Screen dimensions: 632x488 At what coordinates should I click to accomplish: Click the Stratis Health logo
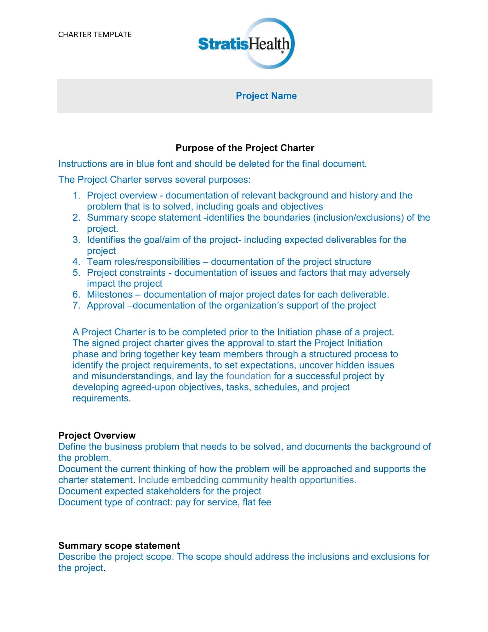click(x=246, y=44)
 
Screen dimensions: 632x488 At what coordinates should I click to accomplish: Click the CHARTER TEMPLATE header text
click(x=94, y=34)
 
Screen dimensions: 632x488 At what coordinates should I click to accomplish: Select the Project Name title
click(x=266, y=96)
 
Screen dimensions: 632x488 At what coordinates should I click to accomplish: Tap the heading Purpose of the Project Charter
click(x=245, y=148)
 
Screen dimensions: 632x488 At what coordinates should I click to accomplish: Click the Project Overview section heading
click(x=97, y=435)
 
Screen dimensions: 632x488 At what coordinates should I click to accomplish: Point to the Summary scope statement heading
click(x=119, y=546)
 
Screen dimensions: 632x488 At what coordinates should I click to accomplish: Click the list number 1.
click(x=76, y=195)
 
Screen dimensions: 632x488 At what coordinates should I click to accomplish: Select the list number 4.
click(x=76, y=262)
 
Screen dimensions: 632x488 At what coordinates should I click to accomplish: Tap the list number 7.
click(x=76, y=305)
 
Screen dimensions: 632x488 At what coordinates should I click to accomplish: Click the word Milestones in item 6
click(x=110, y=294)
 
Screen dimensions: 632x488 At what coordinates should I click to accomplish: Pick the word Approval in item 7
click(x=106, y=305)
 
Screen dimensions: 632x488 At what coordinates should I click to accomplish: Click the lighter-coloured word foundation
click(x=248, y=376)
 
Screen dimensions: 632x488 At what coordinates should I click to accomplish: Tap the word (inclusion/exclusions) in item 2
click(x=358, y=217)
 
